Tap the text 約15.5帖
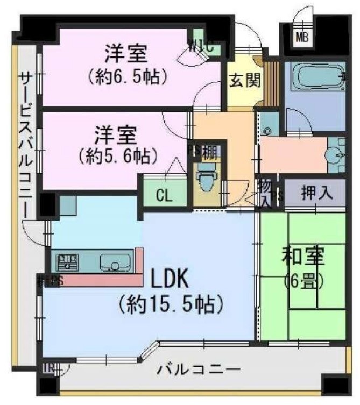[171, 304]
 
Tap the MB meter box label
[301, 37]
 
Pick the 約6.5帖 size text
[126, 76]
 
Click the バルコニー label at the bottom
[199, 370]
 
